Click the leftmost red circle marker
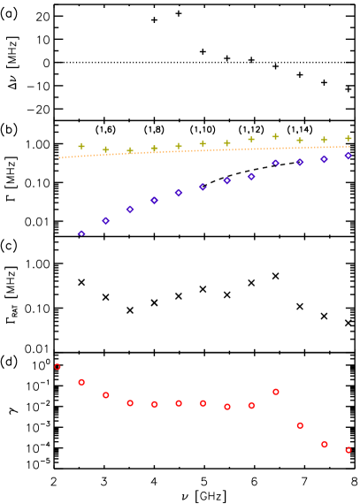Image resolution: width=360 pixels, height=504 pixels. click(57, 366)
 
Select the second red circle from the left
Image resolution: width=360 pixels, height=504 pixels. click(81, 382)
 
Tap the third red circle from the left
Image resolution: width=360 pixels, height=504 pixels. click(106, 395)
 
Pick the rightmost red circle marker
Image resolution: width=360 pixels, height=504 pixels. click(349, 450)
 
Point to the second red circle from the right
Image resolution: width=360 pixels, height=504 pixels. click(325, 444)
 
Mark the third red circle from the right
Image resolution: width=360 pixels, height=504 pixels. click(300, 425)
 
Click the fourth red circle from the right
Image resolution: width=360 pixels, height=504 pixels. click(276, 392)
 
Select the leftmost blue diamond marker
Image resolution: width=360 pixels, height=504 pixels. click(81, 234)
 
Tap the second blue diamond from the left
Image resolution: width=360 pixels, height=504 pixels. click(105, 220)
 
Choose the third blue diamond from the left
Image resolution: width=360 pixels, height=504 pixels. click(130, 210)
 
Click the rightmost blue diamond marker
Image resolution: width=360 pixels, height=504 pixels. click(349, 156)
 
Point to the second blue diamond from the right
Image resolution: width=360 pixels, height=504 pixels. click(324, 159)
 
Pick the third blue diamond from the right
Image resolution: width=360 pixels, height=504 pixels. click(300, 162)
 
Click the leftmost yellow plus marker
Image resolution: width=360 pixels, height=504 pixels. click(81, 146)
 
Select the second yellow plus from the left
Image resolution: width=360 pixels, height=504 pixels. click(105, 149)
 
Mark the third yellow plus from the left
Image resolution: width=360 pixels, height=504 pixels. click(130, 150)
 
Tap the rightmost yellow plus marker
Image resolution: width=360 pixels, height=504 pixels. click(349, 138)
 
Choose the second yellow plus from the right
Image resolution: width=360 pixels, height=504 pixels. click(324, 140)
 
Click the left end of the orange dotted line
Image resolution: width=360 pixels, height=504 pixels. click(59, 157)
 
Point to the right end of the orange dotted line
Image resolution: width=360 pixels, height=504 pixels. click(349, 147)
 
